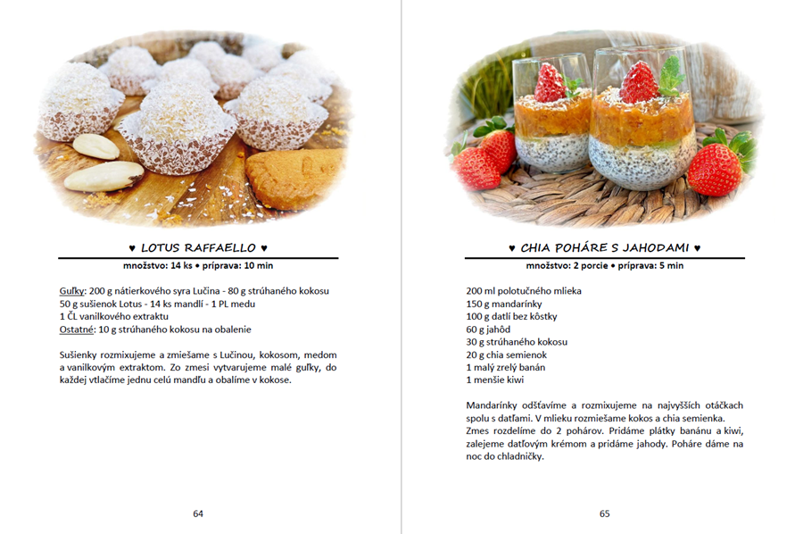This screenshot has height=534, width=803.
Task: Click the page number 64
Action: coord(198,513)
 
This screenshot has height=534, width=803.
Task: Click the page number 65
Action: coord(604,513)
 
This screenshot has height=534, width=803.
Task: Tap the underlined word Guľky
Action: coord(72,291)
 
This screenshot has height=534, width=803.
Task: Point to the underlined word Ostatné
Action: coord(78,329)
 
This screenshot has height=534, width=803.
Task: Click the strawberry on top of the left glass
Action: coord(551,82)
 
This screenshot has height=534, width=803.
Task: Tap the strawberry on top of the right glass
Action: coord(639,82)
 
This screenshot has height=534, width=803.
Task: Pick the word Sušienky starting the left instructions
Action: coord(80,355)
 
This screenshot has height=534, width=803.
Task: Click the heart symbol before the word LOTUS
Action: coord(132,247)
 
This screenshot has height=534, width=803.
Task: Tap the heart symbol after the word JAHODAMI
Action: coord(697,247)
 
